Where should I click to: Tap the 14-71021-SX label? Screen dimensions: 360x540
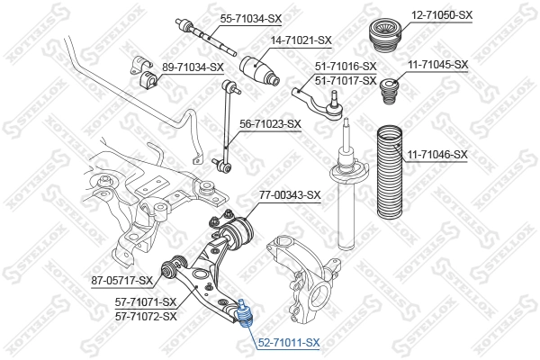click(x=301, y=40)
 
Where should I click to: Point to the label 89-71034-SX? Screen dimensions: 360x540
click(x=192, y=67)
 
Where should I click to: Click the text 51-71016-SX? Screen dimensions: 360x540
click(x=346, y=67)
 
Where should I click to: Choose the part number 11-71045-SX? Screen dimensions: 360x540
click(x=437, y=64)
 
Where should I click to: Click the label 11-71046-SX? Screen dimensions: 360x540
click(x=437, y=155)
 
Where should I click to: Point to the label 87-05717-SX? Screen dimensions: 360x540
click(x=121, y=281)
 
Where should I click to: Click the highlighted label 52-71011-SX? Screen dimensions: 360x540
click(x=289, y=343)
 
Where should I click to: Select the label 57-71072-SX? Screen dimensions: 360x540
click(x=147, y=316)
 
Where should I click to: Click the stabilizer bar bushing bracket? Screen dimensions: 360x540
click(x=149, y=76)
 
